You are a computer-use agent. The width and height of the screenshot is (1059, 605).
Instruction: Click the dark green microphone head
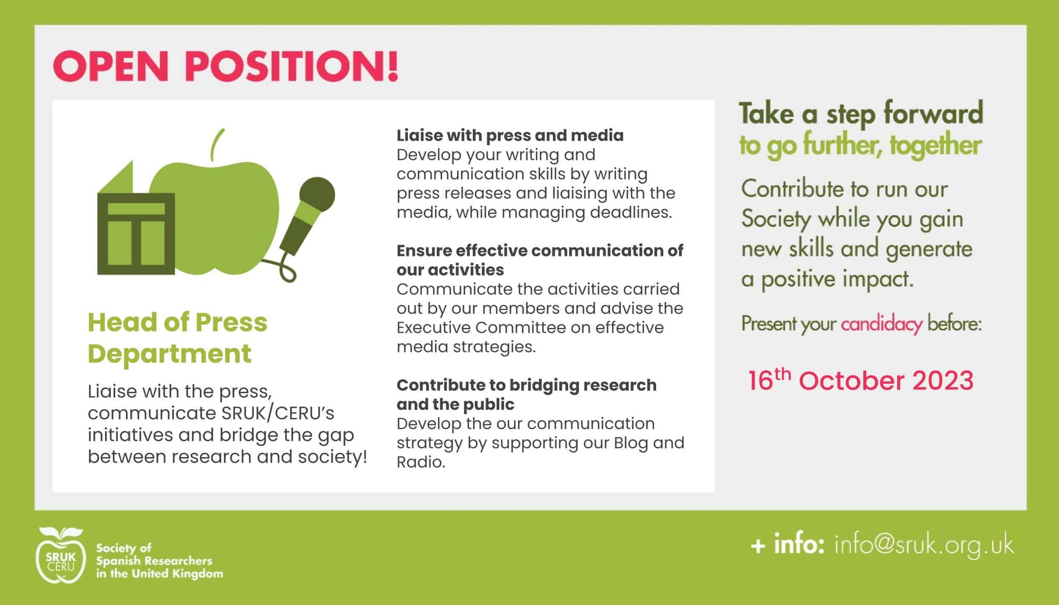pyautogui.click(x=317, y=195)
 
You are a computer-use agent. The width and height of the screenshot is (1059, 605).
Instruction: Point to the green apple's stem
pyautogui.click(x=217, y=144)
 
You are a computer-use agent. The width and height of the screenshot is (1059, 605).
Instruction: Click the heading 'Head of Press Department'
pyautogui.click(x=177, y=338)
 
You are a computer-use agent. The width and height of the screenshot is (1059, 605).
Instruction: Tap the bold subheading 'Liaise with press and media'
pyautogui.click(x=510, y=135)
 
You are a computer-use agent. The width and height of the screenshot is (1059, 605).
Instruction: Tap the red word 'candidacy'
pyautogui.click(x=881, y=324)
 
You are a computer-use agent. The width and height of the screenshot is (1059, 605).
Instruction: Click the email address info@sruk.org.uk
pyautogui.click(x=924, y=546)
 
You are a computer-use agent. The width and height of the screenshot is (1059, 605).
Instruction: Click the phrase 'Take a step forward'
pyautogui.click(x=861, y=113)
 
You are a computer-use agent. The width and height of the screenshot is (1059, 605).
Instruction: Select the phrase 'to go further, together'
pyautogui.click(x=860, y=145)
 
